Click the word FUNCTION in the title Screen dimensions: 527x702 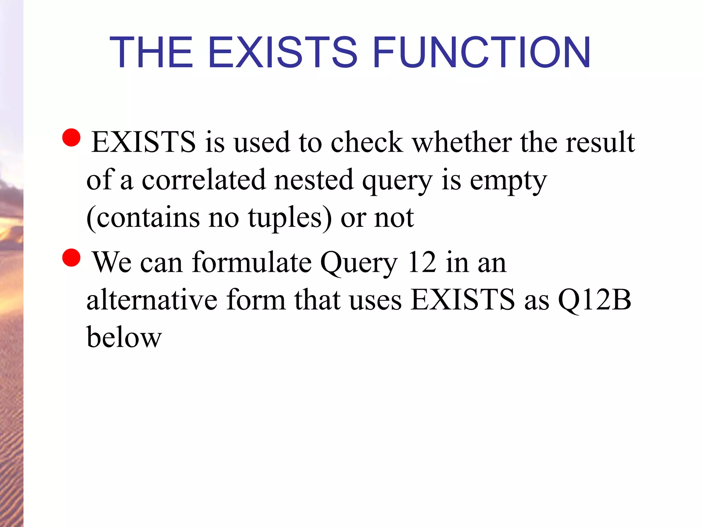point(481,52)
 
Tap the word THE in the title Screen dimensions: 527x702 point(151,52)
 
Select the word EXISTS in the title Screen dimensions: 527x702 point(283,52)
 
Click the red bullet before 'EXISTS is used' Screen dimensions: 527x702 point(72,137)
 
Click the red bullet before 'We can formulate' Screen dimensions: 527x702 point(72,257)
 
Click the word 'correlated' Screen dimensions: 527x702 point(204,180)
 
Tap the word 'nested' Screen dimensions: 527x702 point(314,180)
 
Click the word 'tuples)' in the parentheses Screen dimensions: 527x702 point(290,218)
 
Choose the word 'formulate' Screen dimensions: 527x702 point(252,262)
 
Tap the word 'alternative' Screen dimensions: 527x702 point(152,300)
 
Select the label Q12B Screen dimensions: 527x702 point(594,300)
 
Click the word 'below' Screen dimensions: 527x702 point(124,337)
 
